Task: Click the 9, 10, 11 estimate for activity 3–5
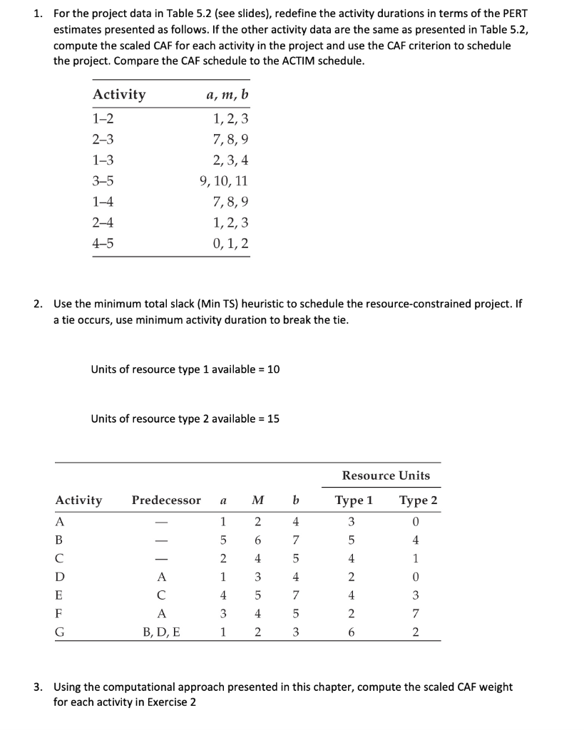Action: pyautogui.click(x=225, y=181)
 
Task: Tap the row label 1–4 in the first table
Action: pyautogui.click(x=103, y=202)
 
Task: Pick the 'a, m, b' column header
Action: pyautogui.click(x=227, y=95)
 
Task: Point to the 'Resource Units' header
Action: pyautogui.click(x=386, y=475)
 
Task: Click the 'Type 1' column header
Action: pyautogui.click(x=354, y=500)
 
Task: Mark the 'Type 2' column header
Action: pyautogui.click(x=417, y=500)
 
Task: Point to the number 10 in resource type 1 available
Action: pyautogui.click(x=273, y=369)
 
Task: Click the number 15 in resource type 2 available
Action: pyautogui.click(x=273, y=418)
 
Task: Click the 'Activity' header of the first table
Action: pyautogui.click(x=119, y=95)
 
